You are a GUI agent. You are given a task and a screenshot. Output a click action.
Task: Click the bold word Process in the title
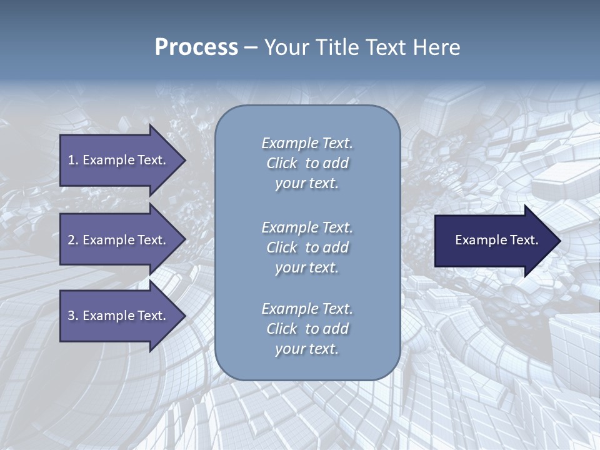coord(196,47)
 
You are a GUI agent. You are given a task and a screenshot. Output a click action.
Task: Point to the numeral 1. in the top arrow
coord(73,160)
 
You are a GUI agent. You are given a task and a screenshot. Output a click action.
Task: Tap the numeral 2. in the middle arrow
coord(73,240)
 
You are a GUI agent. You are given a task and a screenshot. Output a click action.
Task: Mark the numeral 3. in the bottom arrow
coord(73,316)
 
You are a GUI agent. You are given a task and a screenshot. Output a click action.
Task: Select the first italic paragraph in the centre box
coord(307,163)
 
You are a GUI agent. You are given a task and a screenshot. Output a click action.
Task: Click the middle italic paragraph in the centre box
coord(307,247)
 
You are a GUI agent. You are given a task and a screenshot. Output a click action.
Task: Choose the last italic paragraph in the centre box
coord(307,329)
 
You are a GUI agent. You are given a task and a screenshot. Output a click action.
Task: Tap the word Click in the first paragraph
coord(282,164)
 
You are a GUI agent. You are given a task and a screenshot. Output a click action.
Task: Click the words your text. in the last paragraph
coord(307,349)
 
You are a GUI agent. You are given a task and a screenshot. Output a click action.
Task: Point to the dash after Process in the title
coord(251,47)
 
